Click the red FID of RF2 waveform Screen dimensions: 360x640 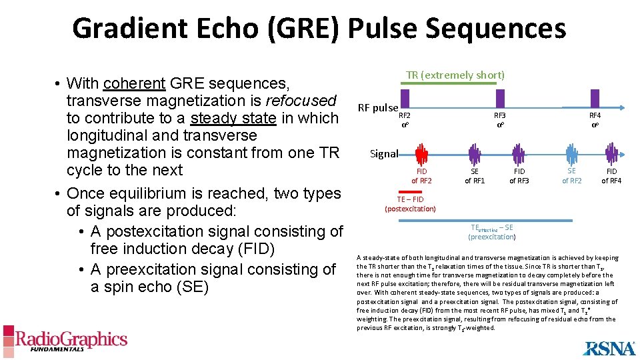(x=421, y=154)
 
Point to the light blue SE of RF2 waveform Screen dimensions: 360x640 (x=571, y=154)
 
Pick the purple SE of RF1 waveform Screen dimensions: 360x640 (x=474, y=154)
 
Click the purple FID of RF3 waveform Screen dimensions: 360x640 (x=519, y=154)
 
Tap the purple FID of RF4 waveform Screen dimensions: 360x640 (x=611, y=154)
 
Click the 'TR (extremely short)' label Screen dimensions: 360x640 (x=455, y=75)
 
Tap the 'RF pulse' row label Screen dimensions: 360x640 (x=377, y=107)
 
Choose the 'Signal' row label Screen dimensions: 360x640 (x=384, y=154)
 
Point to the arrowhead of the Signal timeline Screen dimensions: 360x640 (x=629, y=154)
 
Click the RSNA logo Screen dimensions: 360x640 (x=609, y=347)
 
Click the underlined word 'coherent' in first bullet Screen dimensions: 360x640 (x=134, y=83)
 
